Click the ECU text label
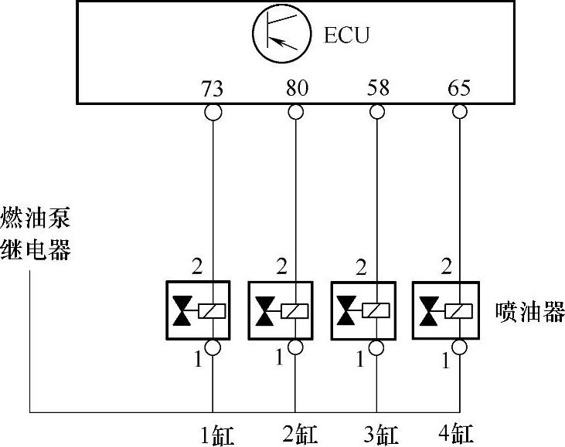pos(347,36)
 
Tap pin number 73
pos(212,88)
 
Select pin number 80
pos(296,88)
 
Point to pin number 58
pos(377,88)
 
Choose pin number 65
pos(459,88)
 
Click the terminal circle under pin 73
pos(213,112)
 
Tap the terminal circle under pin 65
pos(460,112)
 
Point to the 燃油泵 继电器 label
pos(36,235)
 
